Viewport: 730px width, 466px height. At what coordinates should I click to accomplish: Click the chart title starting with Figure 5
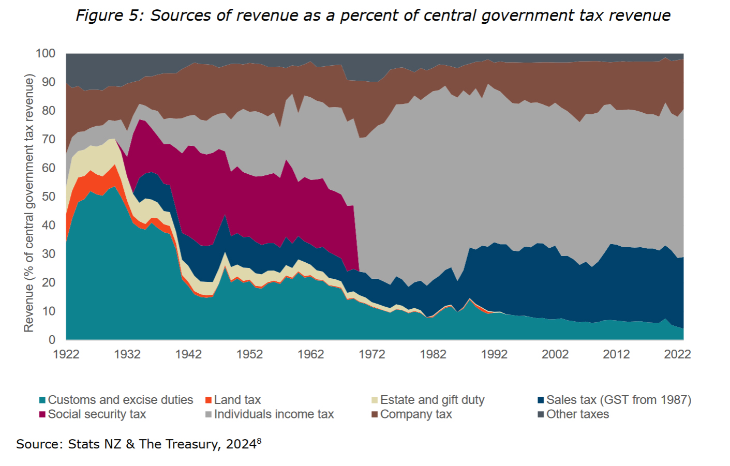pos(373,16)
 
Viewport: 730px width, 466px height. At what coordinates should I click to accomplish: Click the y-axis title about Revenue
pos(29,203)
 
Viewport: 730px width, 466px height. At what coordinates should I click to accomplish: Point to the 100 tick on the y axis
pos(46,53)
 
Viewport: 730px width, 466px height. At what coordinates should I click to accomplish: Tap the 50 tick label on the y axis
pos(49,197)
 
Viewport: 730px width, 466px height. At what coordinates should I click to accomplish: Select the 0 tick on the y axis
pos(52,340)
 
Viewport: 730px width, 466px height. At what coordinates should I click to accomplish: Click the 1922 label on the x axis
pos(66,354)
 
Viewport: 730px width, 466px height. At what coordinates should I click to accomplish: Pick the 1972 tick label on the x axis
pos(372,354)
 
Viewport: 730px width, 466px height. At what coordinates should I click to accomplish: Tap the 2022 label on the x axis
pos(677,354)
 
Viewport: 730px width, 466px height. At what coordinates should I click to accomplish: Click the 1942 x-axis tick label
pos(188,354)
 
